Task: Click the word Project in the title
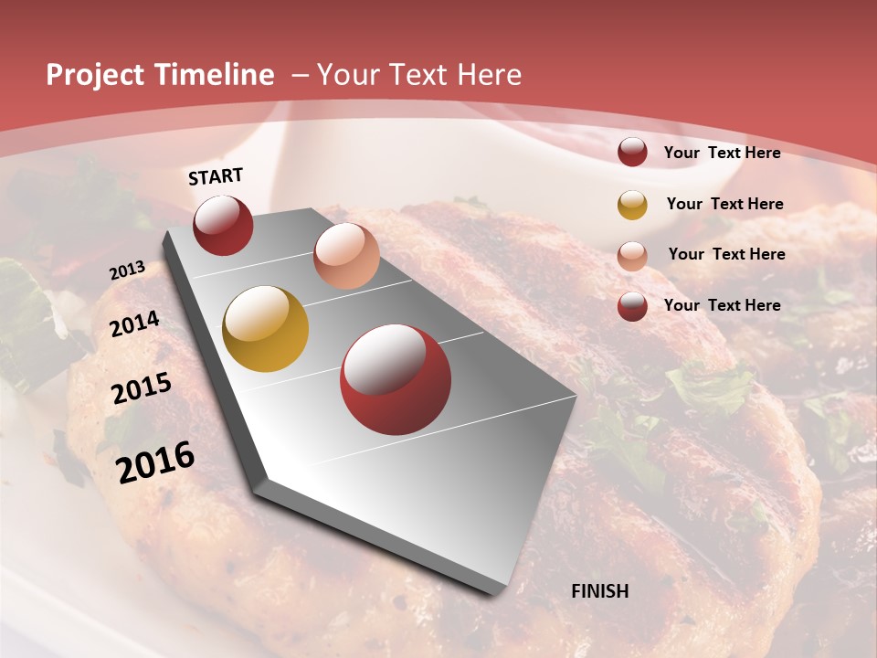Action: [96, 76]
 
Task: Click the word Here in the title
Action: [491, 76]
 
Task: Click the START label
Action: [216, 176]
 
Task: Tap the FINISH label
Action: [599, 591]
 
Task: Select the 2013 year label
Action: [127, 271]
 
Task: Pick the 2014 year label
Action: [135, 324]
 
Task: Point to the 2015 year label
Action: [142, 388]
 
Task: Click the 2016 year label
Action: [155, 462]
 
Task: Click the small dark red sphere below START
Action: [223, 225]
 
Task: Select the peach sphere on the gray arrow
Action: [346, 256]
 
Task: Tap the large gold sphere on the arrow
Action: [266, 329]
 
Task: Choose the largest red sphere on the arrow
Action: [396, 379]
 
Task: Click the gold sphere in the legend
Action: [632, 205]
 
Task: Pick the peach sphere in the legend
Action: [632, 255]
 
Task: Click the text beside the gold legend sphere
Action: [724, 204]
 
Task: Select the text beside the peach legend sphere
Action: [726, 254]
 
